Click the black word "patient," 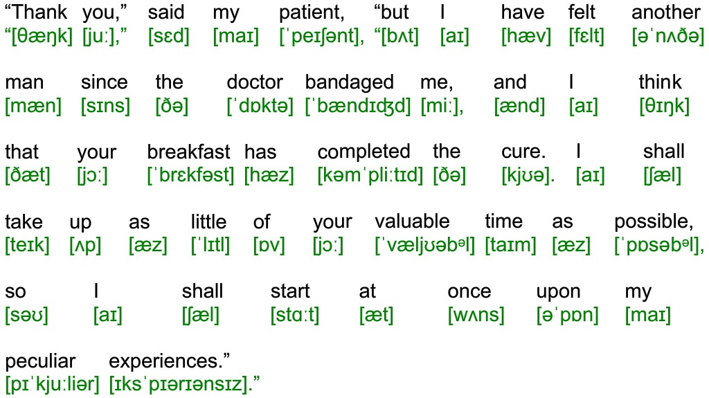[x=312, y=12]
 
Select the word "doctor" [x=255, y=82]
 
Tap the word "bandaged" [x=350, y=83]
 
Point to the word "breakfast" [x=188, y=152]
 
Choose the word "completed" [x=364, y=153]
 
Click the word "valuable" [x=413, y=221]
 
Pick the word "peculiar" [x=40, y=362]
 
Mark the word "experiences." [x=169, y=362]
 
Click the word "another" [x=665, y=12]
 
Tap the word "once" [x=469, y=292]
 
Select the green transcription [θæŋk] [x=39, y=36]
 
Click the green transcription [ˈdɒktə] [x=260, y=107]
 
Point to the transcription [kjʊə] [x=528, y=176]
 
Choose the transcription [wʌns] [x=476, y=315]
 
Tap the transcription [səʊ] [x=27, y=315]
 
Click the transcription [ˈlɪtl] [x=210, y=246]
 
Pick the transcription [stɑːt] [x=295, y=315]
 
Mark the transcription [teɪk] [x=27, y=246]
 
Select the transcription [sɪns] [x=105, y=107]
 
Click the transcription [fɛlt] [x=586, y=36]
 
